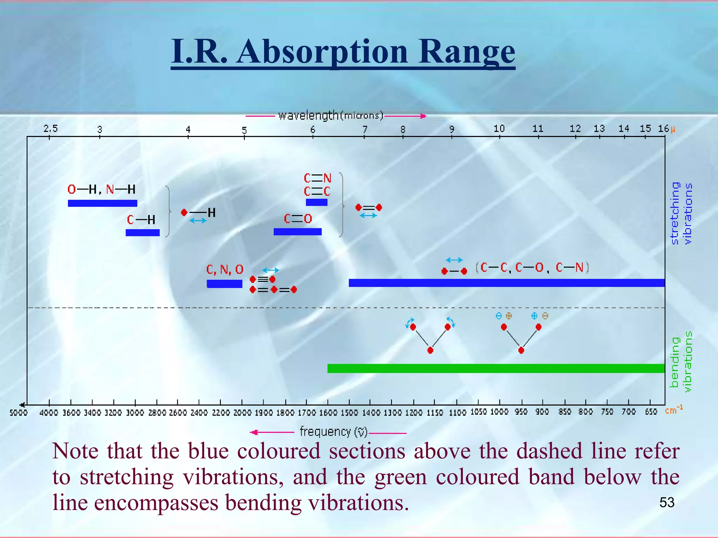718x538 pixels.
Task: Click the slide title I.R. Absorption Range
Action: click(x=343, y=52)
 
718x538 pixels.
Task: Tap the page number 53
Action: click(x=667, y=503)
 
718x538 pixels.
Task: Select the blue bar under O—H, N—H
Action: click(x=102, y=203)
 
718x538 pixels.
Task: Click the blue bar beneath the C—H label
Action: click(x=143, y=233)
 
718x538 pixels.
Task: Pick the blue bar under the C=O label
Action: click(x=297, y=232)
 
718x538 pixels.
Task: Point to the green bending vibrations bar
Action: click(x=496, y=368)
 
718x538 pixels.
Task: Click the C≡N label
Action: click(x=317, y=178)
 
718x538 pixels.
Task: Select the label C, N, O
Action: click(x=225, y=269)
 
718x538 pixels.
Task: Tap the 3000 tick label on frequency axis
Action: click(x=135, y=413)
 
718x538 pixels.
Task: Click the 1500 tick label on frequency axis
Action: click(x=349, y=413)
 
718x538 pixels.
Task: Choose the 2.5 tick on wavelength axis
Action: click(x=50, y=129)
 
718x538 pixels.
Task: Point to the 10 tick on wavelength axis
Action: click(x=499, y=129)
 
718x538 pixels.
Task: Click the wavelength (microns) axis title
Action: click(x=331, y=115)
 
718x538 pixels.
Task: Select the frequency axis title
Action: click(x=333, y=432)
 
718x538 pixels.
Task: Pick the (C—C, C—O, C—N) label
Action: click(x=532, y=268)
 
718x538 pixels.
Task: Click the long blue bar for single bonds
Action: click(x=506, y=283)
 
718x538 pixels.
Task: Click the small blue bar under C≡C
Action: click(x=317, y=202)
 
